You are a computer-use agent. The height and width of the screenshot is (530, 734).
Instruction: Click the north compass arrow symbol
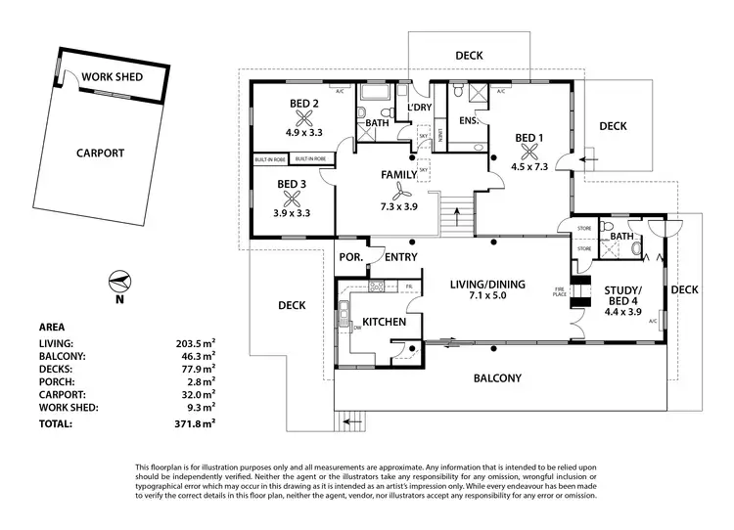pyautogui.click(x=119, y=281)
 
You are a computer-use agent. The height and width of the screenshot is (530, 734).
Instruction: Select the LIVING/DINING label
pyautogui.click(x=487, y=285)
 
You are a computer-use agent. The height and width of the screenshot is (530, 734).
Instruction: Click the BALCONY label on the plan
pyautogui.click(x=498, y=378)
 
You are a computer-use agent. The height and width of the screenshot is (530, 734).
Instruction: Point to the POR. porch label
pyautogui.click(x=350, y=257)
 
